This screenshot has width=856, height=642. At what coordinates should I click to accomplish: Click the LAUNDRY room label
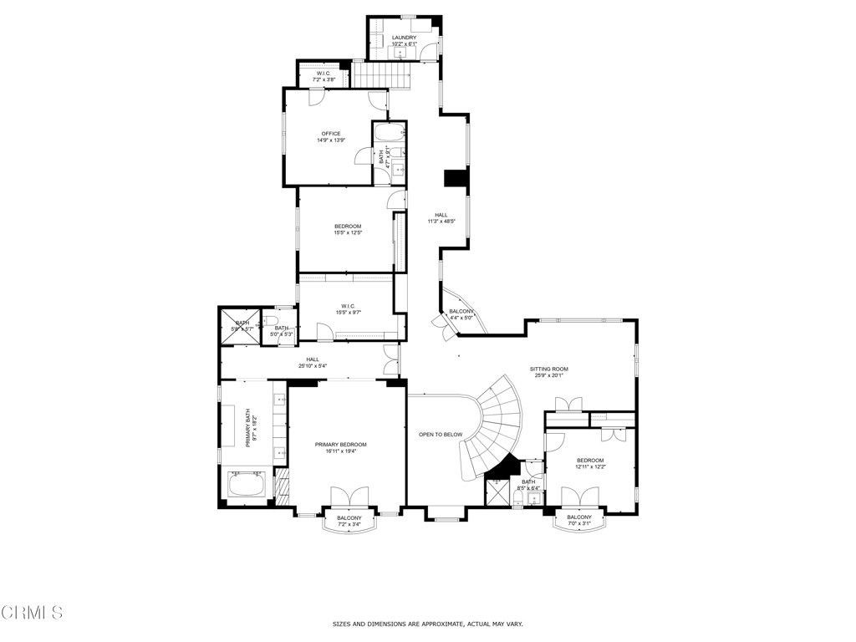(x=404, y=38)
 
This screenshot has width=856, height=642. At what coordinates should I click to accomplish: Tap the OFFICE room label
(x=331, y=134)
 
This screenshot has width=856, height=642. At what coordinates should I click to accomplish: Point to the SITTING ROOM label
(x=548, y=369)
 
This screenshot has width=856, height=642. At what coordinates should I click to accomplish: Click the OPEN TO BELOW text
(x=441, y=435)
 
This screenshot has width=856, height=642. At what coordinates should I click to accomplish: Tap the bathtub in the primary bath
(x=247, y=485)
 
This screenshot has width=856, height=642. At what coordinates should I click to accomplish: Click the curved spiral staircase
(x=493, y=426)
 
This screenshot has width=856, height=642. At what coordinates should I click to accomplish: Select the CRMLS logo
(x=32, y=613)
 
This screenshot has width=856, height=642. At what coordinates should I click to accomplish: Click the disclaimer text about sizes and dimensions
(x=427, y=624)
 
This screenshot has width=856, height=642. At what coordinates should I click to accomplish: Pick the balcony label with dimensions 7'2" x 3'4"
(x=349, y=522)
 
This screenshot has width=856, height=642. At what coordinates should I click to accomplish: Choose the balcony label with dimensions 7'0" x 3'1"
(x=579, y=520)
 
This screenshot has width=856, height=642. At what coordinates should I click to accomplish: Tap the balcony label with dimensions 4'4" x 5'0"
(x=461, y=314)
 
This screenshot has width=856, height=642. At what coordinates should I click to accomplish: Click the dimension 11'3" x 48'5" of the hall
(x=441, y=222)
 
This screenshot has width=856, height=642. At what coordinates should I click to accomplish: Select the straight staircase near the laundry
(x=381, y=75)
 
